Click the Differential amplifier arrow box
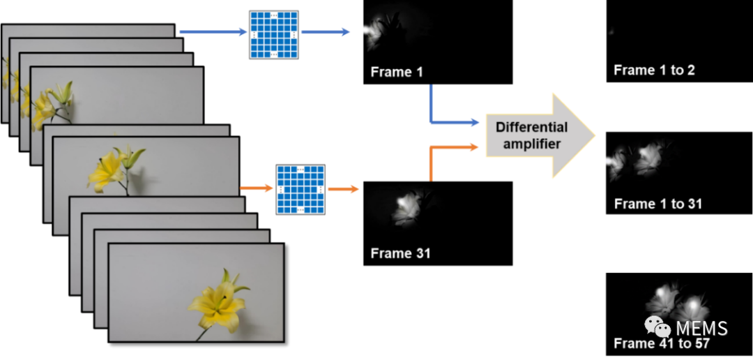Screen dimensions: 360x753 [x=533, y=135]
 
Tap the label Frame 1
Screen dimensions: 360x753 [x=396, y=72]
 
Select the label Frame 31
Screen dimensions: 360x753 [x=400, y=253]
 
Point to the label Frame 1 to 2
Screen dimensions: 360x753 [x=654, y=70]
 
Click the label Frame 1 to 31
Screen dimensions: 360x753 [x=657, y=204]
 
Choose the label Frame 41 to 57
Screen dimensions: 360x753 [x=661, y=343]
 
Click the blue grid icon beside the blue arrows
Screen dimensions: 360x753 [x=273, y=34]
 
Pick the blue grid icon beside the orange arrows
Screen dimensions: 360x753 [x=301, y=189]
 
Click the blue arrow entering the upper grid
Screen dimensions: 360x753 [x=213, y=32]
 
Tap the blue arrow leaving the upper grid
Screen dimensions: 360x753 [x=325, y=32]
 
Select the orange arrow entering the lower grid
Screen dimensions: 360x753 [x=257, y=188]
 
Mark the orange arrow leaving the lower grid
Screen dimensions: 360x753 [x=342, y=188]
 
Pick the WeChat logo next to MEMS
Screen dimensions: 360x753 [x=656, y=326]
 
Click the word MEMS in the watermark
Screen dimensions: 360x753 [x=701, y=329]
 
